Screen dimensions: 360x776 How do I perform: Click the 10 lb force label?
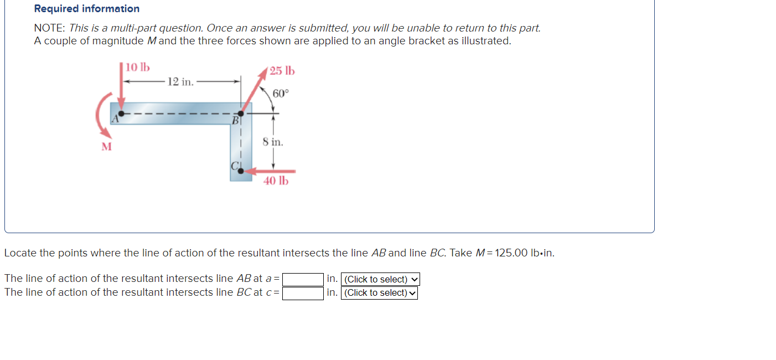(137, 68)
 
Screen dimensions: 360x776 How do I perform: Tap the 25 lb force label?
(282, 71)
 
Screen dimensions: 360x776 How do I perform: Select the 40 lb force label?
(276, 181)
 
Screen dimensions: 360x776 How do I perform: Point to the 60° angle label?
(281, 93)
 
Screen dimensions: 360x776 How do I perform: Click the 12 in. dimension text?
(180, 82)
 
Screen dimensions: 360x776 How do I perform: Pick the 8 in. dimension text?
(273, 142)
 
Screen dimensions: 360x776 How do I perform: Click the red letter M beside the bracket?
(106, 147)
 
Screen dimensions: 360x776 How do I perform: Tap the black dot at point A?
(121, 114)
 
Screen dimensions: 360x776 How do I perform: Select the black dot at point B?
(240, 114)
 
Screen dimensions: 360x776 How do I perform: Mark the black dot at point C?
(240, 171)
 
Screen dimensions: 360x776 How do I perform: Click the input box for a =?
(303, 279)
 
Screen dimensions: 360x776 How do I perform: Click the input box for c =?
(303, 293)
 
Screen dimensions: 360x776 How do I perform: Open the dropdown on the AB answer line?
(380, 279)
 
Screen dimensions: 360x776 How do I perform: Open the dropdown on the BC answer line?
(379, 293)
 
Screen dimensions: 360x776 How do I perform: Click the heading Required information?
(86, 9)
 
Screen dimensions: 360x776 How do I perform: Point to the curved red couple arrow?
(100, 116)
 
